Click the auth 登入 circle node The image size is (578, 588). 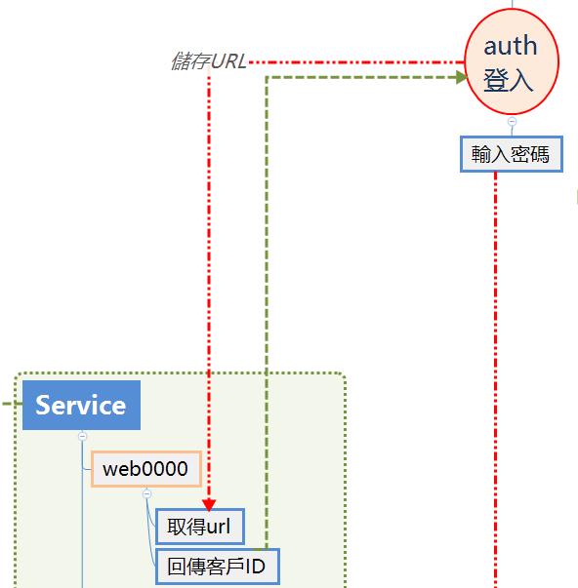pyautogui.click(x=512, y=61)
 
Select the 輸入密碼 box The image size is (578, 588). pyautogui.click(x=512, y=154)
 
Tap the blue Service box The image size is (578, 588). pyautogui.click(x=81, y=405)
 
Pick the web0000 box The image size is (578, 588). pyautogui.click(x=146, y=469)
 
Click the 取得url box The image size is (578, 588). pyautogui.click(x=200, y=527)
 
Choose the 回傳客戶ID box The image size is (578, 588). pyautogui.click(x=218, y=567)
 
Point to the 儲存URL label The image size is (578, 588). pyautogui.click(x=208, y=61)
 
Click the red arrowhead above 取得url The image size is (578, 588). pyautogui.click(x=209, y=505)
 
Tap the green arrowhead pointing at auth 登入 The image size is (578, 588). pyautogui.click(x=461, y=77)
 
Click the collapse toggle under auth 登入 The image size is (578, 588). pyautogui.click(x=512, y=122)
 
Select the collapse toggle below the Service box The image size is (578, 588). pyautogui.click(x=82, y=436)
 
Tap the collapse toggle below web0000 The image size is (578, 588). pyautogui.click(x=146, y=493)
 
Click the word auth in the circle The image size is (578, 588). pyautogui.click(x=510, y=46)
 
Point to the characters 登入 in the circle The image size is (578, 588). pyautogui.click(x=508, y=80)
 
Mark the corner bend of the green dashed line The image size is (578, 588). pyautogui.click(x=267, y=78)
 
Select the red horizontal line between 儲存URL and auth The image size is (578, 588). pyautogui.click(x=356, y=62)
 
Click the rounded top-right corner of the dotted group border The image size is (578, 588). pyautogui.click(x=342, y=376)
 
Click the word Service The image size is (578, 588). pyautogui.click(x=80, y=405)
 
